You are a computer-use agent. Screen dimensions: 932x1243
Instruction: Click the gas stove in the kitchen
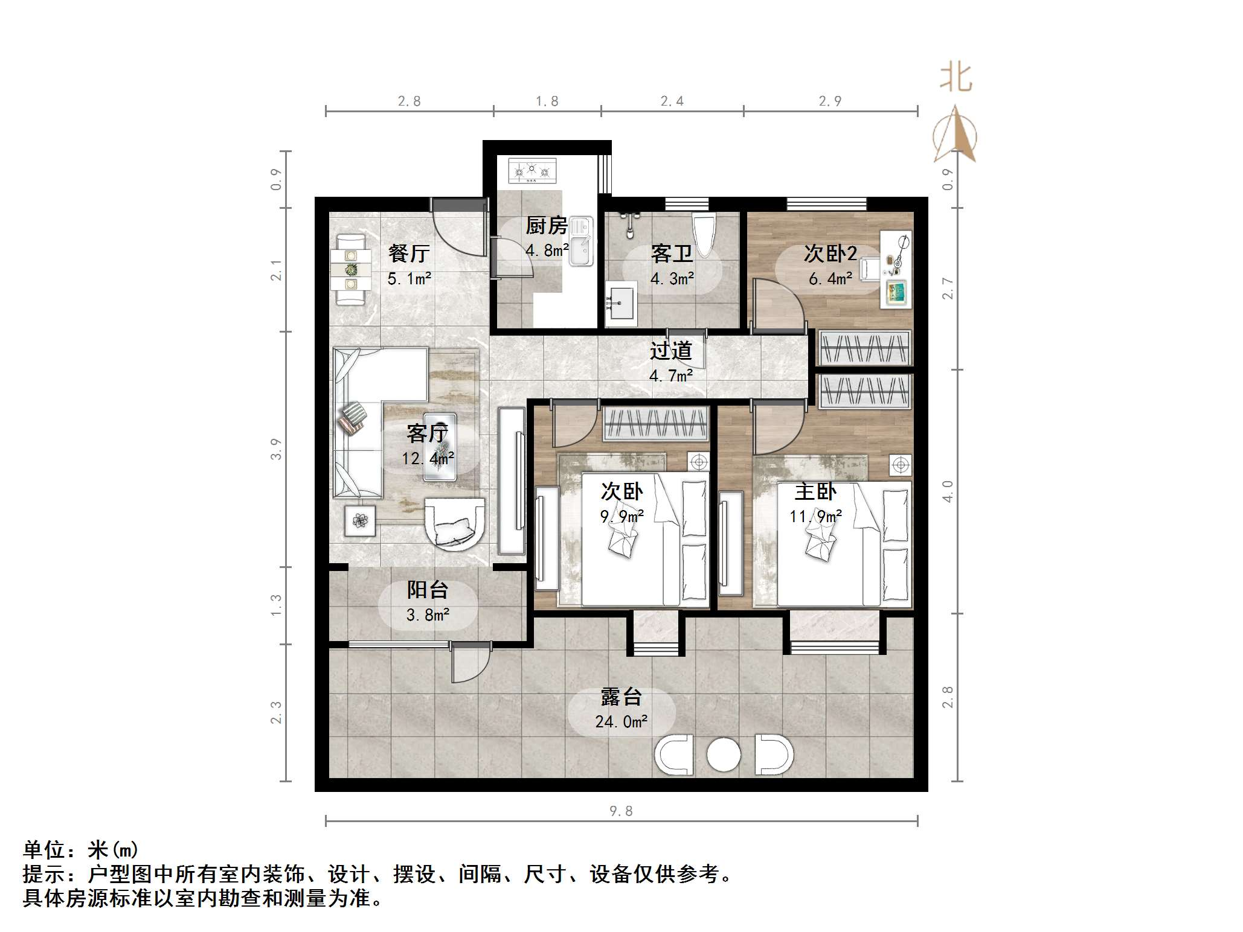[x=532, y=171]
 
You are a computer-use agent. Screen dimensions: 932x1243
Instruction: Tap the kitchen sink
[x=580, y=242]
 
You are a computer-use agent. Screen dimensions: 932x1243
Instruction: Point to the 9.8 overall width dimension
[x=620, y=811]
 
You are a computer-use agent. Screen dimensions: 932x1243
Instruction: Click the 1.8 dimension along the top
[x=547, y=101]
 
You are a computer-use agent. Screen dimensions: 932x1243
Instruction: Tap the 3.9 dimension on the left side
[x=276, y=448]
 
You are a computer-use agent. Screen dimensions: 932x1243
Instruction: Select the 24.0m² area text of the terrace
[x=621, y=721]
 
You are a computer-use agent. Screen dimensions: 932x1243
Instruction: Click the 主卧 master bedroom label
[x=815, y=491]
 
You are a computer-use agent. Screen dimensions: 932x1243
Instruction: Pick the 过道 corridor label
[x=670, y=351]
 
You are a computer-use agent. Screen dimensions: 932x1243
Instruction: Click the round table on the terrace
[x=723, y=755]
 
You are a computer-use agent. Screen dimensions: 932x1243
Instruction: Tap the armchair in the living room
[x=454, y=523]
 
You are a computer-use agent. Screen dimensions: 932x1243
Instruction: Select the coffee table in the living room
[x=440, y=446]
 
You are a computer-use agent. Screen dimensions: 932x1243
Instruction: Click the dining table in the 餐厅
[x=351, y=269]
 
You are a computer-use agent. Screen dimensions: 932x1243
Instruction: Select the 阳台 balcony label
[x=427, y=590]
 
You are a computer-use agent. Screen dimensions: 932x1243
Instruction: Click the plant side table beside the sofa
[x=360, y=520]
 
